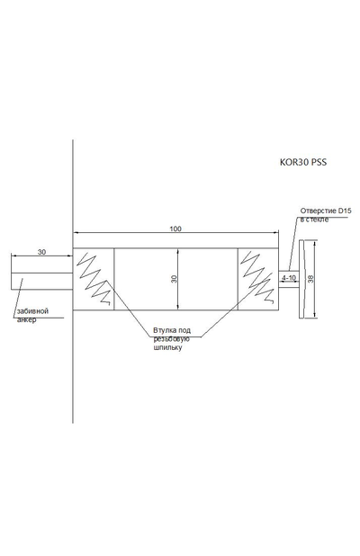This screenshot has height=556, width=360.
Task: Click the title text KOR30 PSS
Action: [x=303, y=163]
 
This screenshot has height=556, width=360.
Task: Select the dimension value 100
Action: [x=175, y=229]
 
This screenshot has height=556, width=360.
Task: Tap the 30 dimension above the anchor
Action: [x=41, y=252]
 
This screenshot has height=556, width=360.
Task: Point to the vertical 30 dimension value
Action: [x=174, y=279]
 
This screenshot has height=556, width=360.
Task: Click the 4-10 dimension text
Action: [x=290, y=277]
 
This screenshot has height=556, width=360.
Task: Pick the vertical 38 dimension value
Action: [x=311, y=279]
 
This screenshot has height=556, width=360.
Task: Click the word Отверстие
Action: [x=318, y=211]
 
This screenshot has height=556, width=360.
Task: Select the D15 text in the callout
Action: [x=345, y=211]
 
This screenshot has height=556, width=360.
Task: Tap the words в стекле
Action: [x=315, y=220]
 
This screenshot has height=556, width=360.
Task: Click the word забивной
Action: [x=32, y=311]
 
